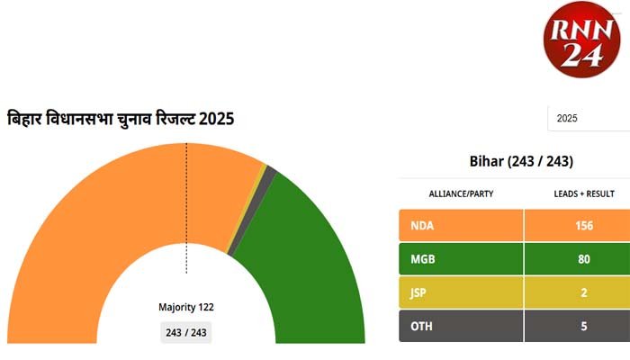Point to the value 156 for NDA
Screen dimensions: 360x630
coord(583,225)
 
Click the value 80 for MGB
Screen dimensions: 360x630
coord(583,259)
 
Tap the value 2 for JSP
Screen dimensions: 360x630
coord(583,292)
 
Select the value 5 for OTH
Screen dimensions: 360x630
coord(583,326)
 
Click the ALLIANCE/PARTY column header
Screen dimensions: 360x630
coord(461,193)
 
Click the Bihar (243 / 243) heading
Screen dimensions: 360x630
coord(521,162)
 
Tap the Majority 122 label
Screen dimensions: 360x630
coord(186,307)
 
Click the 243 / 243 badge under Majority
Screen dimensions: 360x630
coord(186,333)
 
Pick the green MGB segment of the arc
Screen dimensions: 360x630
coord(306,243)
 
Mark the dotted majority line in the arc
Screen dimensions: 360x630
coord(186,207)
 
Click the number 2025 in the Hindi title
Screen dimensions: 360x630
coord(217,118)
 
